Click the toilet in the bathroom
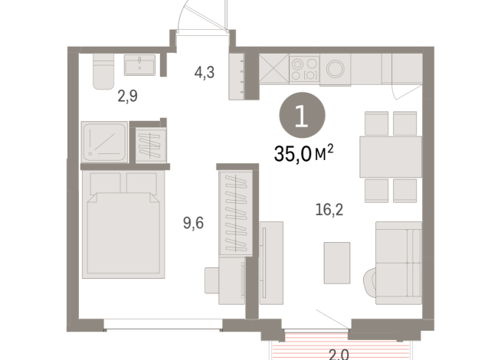pos(103,71)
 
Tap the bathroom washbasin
pos(139,65)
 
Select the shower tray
pos(104,142)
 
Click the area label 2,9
pos(127,96)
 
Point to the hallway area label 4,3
pos(205,73)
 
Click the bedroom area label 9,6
pos(193,223)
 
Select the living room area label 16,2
pos(329,210)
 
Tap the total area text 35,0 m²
pos(303,153)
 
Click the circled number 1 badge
pos(302,116)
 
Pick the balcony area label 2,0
pos(339,355)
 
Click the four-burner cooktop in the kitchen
pos(304,69)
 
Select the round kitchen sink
pos(336,69)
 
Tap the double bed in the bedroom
pos(123,224)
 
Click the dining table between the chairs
pos(391,157)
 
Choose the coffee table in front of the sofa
pos(337,263)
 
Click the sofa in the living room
pos(396,263)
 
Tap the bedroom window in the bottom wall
pos(163,324)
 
